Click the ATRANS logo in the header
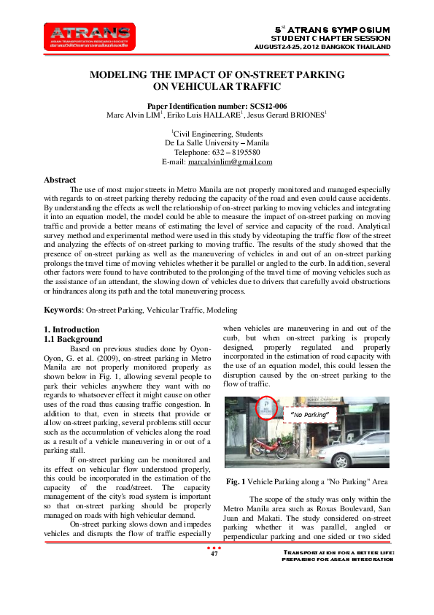[x=89, y=37]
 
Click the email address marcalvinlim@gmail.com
[x=230, y=161]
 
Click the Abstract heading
[x=60, y=180]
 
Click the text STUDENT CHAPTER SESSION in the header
[x=331, y=37]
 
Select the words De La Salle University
[x=205, y=142]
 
